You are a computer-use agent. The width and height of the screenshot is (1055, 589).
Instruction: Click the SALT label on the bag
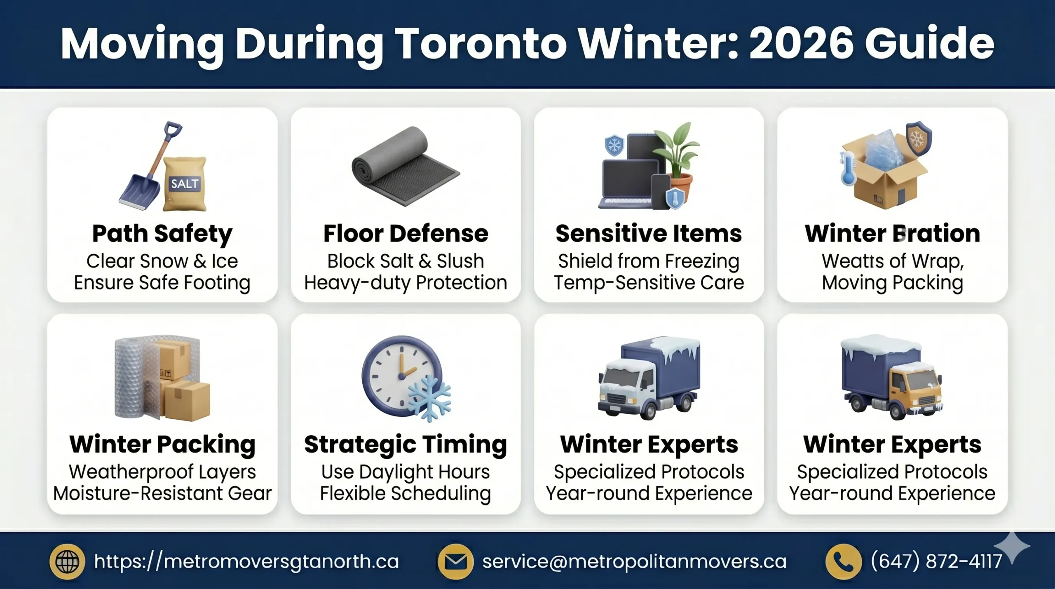(x=185, y=183)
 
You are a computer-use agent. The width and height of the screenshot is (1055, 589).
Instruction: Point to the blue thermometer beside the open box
(x=848, y=169)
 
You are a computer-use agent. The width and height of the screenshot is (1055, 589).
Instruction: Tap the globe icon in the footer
(x=67, y=561)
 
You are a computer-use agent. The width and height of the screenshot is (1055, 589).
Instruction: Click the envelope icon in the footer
(x=455, y=561)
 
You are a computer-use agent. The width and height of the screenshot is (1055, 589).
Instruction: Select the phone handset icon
(x=843, y=561)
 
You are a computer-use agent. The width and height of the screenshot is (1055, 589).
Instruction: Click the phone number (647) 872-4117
(x=936, y=561)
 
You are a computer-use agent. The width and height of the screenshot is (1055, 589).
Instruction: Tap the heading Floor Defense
(x=406, y=233)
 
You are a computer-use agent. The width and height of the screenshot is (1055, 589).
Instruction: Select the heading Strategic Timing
(x=406, y=444)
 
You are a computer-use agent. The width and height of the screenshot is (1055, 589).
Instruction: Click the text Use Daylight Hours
(x=406, y=472)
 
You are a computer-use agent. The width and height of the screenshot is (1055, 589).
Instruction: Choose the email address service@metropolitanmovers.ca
(x=634, y=561)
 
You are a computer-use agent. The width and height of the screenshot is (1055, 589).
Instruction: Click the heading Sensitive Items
(x=649, y=233)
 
